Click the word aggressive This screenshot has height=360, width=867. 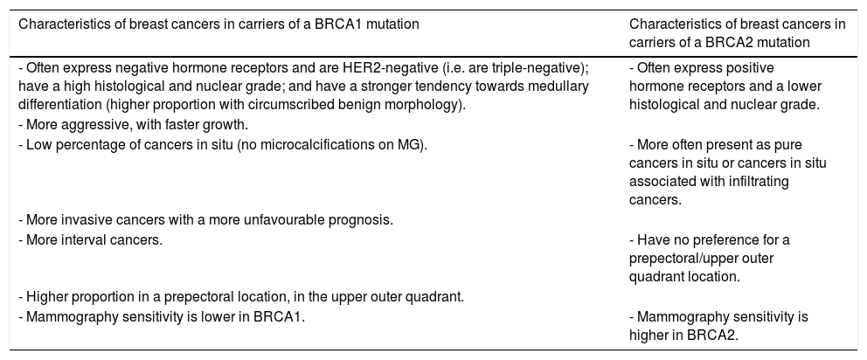click(x=90, y=124)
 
